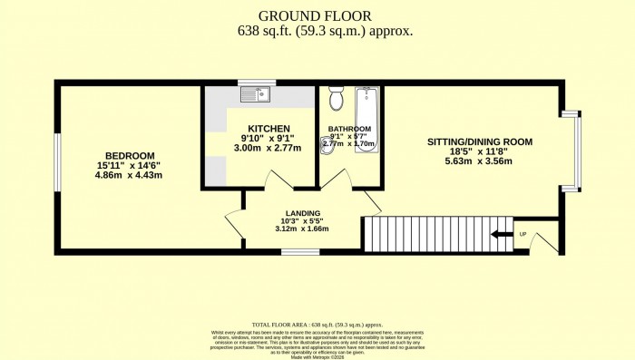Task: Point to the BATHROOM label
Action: [x=348, y=129]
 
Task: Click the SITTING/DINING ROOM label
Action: [x=478, y=141]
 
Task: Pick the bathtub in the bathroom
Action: [x=367, y=118]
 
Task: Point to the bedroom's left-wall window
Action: [x=57, y=164]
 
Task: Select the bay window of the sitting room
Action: [x=571, y=151]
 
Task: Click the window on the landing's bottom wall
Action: [x=294, y=251]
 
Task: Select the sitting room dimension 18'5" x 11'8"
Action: [x=478, y=151]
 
